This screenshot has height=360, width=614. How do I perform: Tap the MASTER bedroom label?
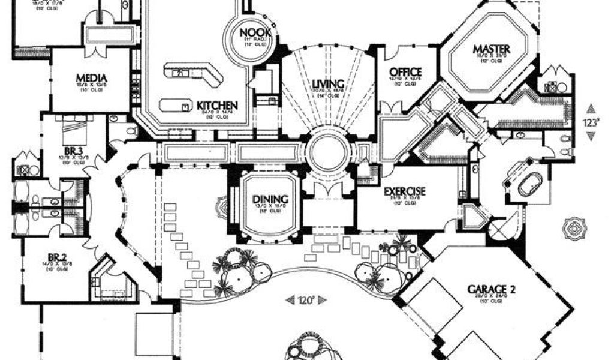click(x=491, y=49)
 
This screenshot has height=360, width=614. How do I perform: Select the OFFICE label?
click(x=406, y=71)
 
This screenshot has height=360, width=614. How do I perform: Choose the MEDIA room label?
click(x=91, y=79)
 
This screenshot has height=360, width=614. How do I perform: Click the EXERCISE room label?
click(x=405, y=191)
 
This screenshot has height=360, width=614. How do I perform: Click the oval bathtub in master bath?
click(x=529, y=187)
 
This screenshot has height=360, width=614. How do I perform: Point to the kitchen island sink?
click(x=180, y=73)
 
